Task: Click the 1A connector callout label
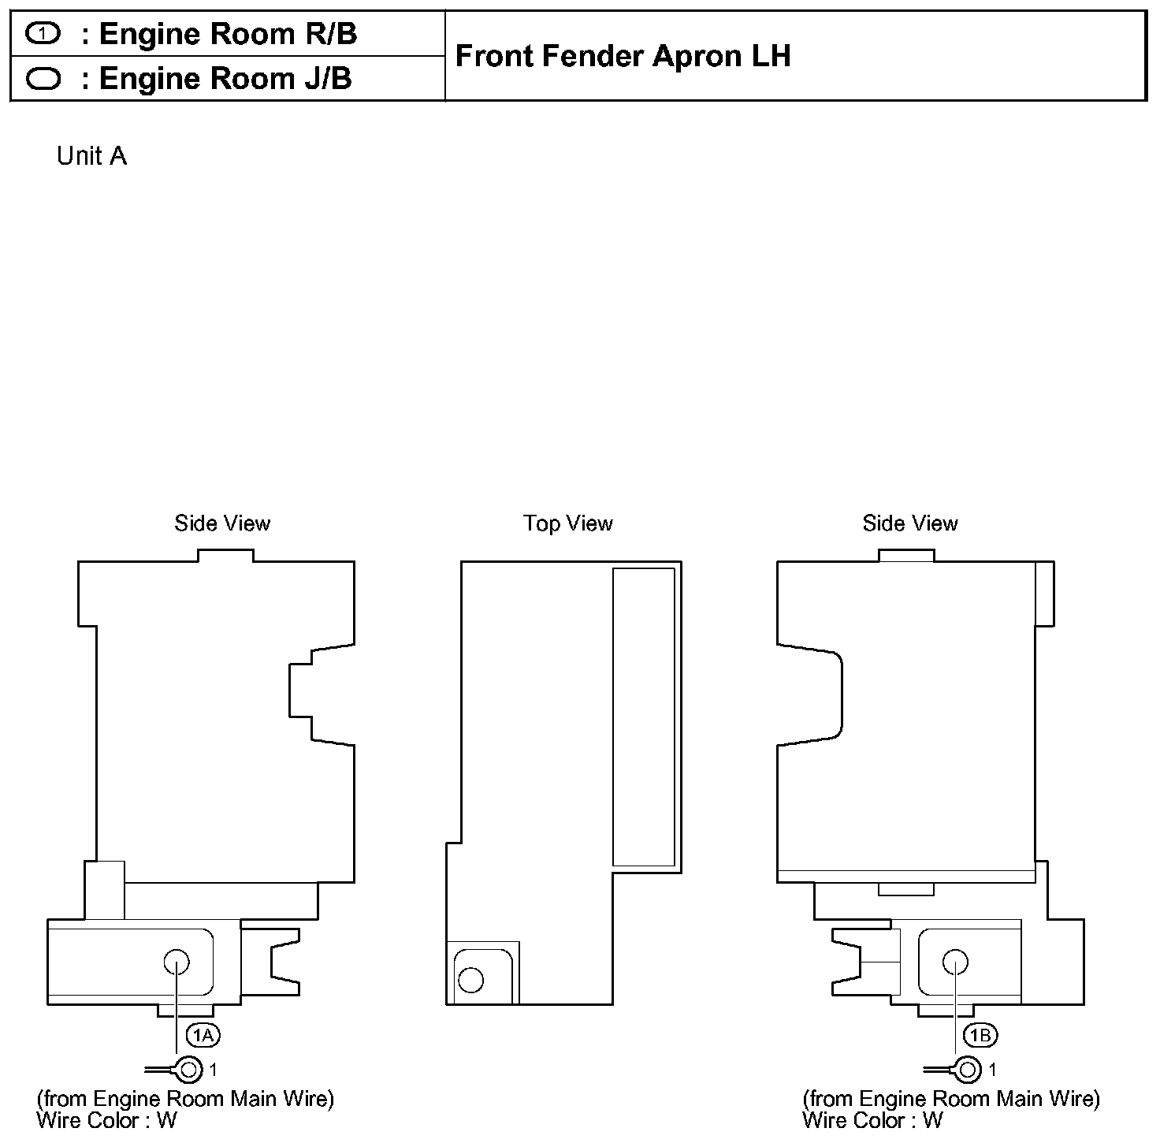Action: coord(203,1035)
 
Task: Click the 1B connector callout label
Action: coord(980,1035)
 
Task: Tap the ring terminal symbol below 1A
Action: coord(188,1070)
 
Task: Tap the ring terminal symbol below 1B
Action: coord(968,1070)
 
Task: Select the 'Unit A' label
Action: coord(91,156)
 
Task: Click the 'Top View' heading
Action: coord(568,523)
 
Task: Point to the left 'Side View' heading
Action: coord(222,523)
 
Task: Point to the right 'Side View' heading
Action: coord(910,523)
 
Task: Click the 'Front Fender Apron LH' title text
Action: coord(623,56)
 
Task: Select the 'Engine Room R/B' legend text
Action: coord(228,34)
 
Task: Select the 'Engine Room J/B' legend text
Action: coord(225,79)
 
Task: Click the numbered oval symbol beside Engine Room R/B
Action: coord(43,33)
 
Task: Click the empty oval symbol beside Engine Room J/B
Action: coord(43,79)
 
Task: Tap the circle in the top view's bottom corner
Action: coord(471,980)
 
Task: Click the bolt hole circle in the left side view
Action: coord(177,962)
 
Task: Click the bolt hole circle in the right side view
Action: coord(955,962)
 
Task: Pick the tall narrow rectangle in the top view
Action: coord(644,717)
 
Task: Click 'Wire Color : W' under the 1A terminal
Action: coord(107,1120)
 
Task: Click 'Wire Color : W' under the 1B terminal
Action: coord(872,1120)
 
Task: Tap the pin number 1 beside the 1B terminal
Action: coord(992,1070)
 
